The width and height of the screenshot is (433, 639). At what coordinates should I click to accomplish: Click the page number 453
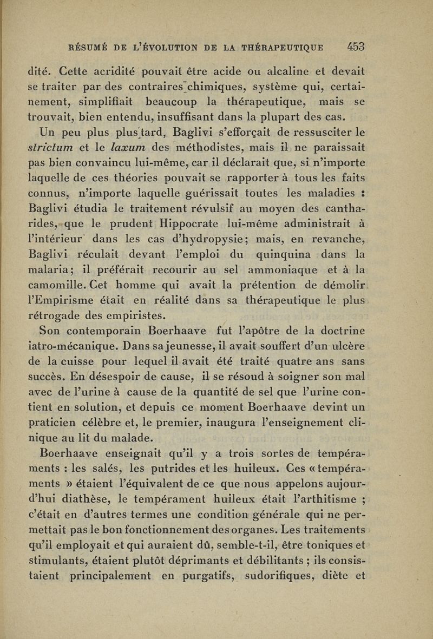[x=359, y=47]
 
